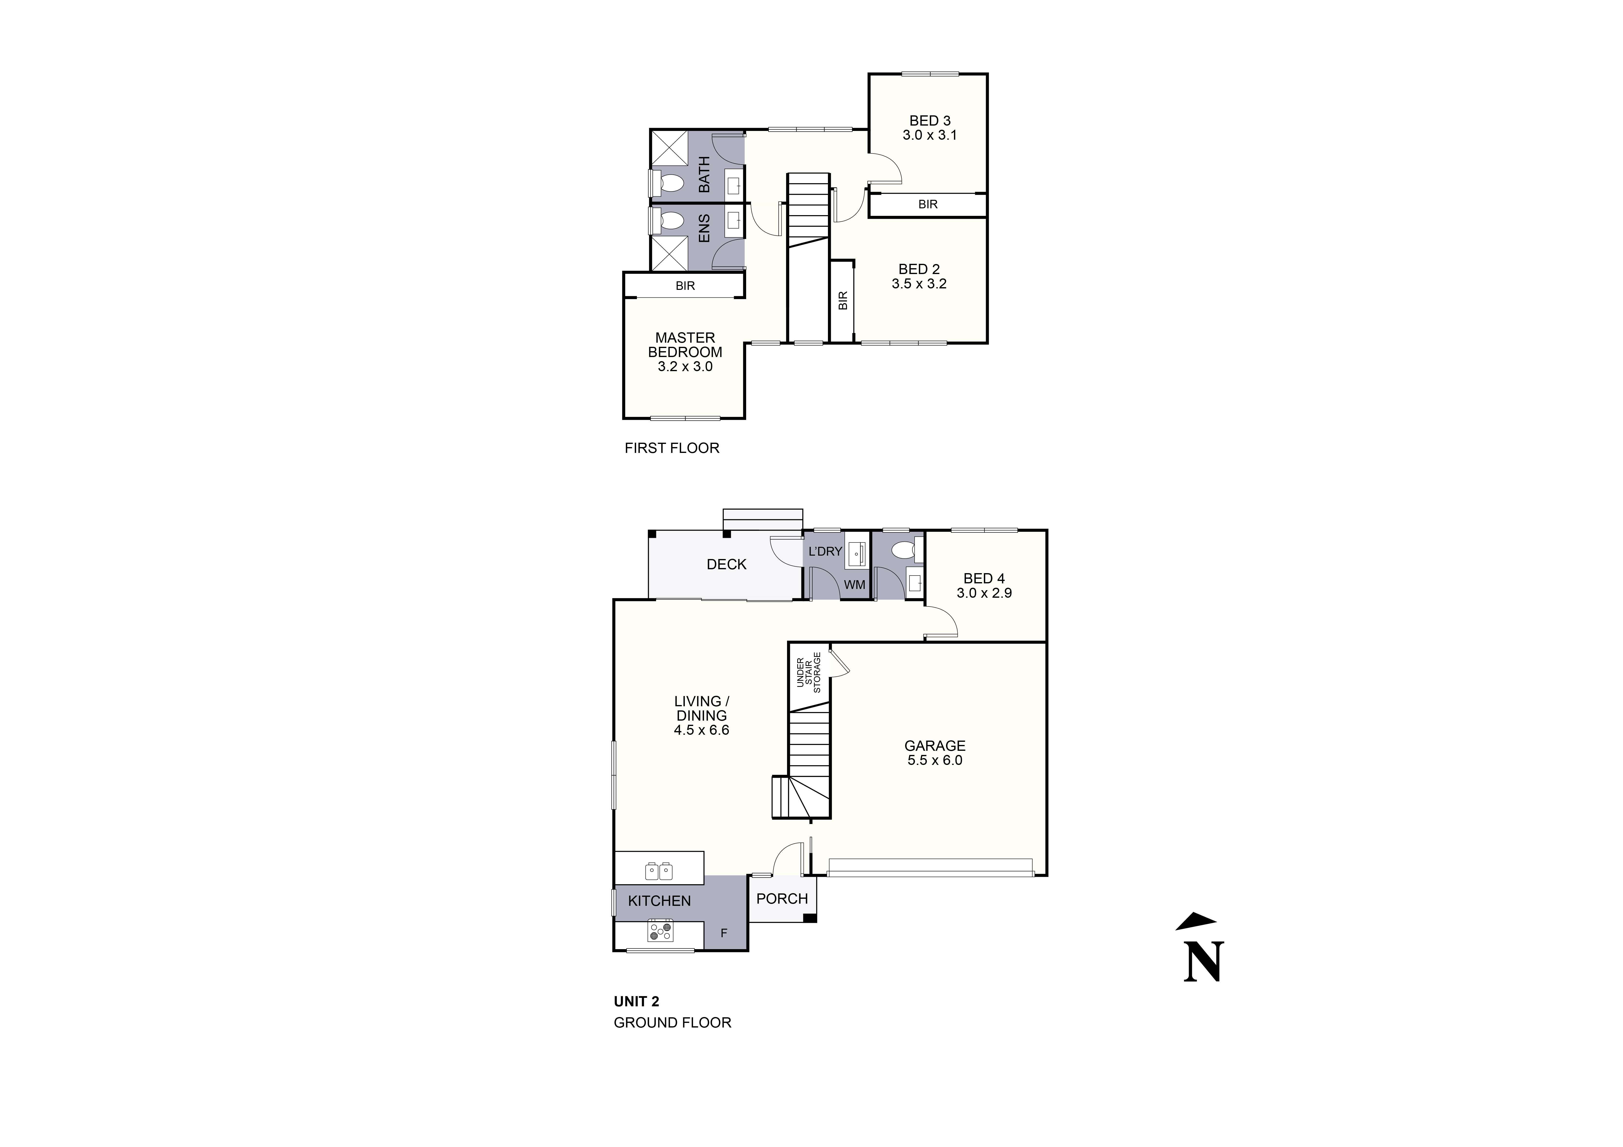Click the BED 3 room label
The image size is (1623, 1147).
click(x=929, y=121)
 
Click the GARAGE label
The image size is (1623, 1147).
click(x=935, y=746)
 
